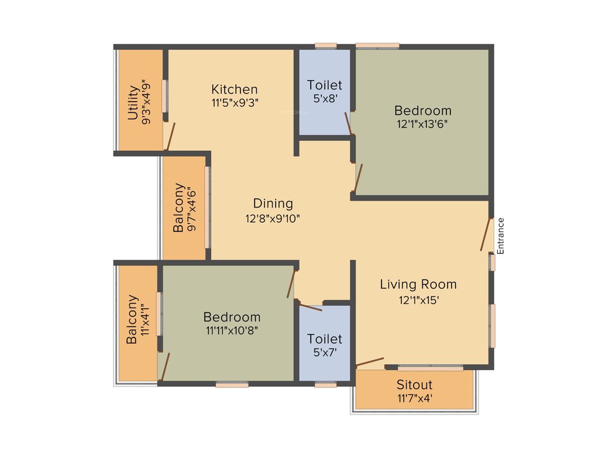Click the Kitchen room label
click(234, 89)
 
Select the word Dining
click(273, 203)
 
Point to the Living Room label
click(418, 285)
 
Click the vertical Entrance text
click(500, 236)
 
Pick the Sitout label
click(414, 385)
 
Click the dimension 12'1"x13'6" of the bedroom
click(422, 123)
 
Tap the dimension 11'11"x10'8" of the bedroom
click(232, 330)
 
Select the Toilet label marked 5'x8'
click(325, 85)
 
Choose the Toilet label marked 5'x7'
click(325, 339)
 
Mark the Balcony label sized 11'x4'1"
click(132, 319)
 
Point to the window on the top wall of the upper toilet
click(325, 45)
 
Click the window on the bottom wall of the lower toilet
click(325, 385)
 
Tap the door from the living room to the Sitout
click(370, 362)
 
